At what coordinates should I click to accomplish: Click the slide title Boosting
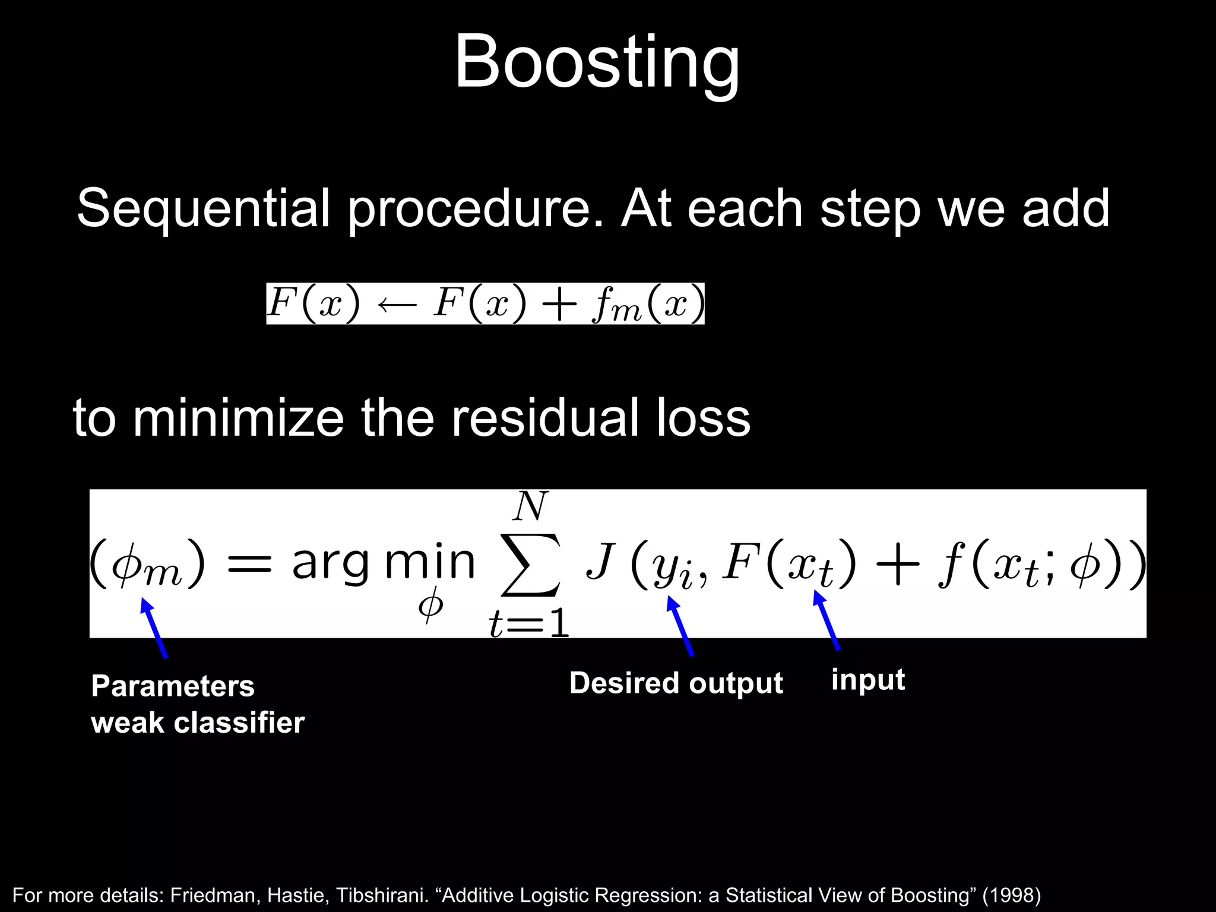(x=597, y=62)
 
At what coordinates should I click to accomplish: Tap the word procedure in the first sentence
(x=475, y=208)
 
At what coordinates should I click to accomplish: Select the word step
(x=870, y=208)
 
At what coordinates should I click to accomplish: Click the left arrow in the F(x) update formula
(x=397, y=305)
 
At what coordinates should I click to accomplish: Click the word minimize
(x=237, y=418)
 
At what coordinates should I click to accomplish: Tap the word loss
(x=703, y=418)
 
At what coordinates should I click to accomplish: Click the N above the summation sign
(x=530, y=506)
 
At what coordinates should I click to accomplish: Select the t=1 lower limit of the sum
(x=529, y=625)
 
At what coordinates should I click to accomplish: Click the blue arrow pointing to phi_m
(x=154, y=628)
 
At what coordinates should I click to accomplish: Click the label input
(x=867, y=680)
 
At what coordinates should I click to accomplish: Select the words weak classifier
(x=198, y=723)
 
